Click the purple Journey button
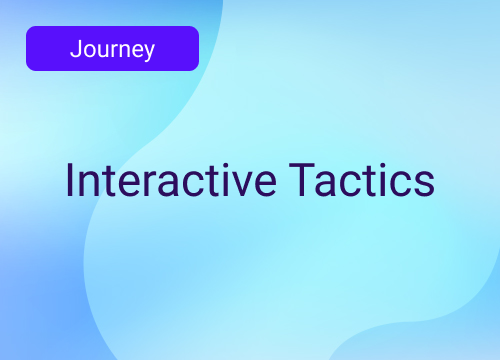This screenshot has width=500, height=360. (112, 48)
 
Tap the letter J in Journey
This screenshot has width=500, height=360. (76, 49)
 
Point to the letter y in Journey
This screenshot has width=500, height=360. (148, 52)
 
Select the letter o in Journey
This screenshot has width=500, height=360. (87, 50)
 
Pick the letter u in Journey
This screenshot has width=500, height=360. (99, 50)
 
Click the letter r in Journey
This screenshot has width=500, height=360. (109, 50)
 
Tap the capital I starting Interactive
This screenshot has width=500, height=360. (69, 180)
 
